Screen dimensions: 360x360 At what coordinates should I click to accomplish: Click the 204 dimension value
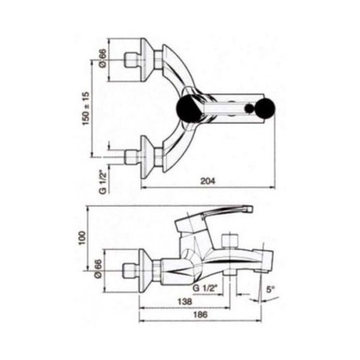click(x=208, y=181)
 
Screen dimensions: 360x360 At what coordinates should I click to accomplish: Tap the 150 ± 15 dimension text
click(x=86, y=108)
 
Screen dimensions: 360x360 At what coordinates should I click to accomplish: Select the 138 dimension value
click(x=185, y=302)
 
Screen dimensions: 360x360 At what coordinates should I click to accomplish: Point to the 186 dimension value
click(x=200, y=315)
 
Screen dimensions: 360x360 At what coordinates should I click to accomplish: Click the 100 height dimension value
click(x=82, y=238)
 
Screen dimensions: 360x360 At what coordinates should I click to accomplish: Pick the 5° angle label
click(x=270, y=289)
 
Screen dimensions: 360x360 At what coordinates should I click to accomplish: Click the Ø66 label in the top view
click(x=102, y=58)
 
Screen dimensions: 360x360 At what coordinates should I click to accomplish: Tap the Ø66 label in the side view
click(x=99, y=269)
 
